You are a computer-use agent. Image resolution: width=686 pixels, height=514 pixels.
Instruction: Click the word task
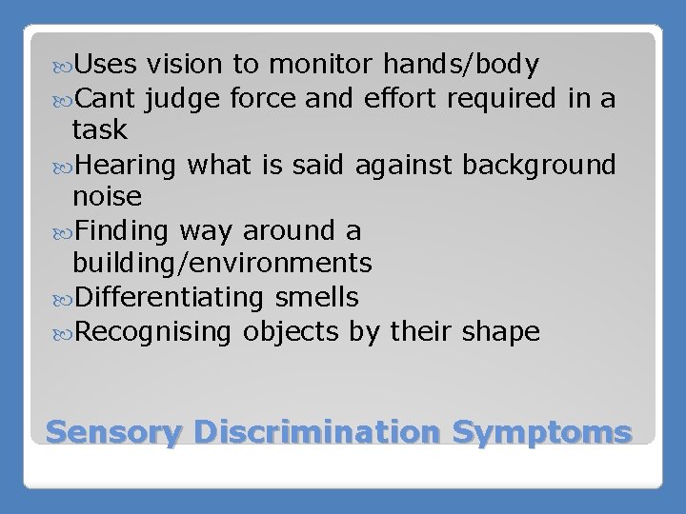point(97,129)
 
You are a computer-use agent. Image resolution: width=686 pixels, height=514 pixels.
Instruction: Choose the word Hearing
point(129,164)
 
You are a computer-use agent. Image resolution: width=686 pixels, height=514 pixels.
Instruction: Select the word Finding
point(126,229)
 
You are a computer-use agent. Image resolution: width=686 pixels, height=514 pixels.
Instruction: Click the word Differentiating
point(168,297)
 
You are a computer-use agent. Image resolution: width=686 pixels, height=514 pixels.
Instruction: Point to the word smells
point(315,297)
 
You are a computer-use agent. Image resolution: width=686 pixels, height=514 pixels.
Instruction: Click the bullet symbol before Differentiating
point(64,298)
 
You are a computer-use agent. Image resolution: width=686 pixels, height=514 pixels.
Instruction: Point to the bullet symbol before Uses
point(64,66)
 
